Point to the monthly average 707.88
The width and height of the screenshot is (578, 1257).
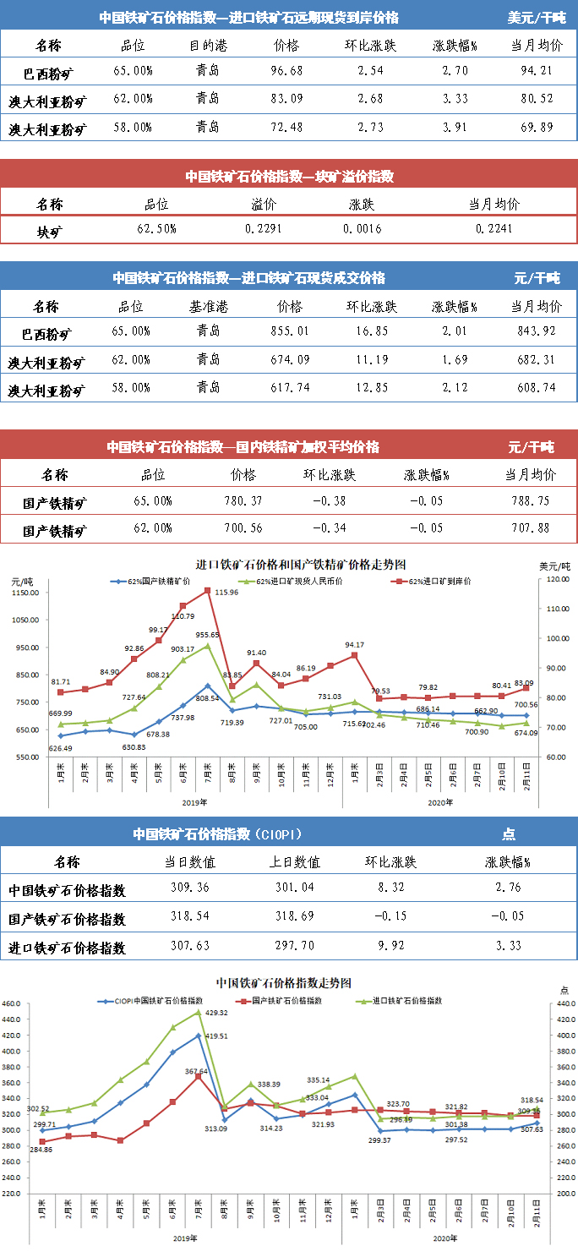(531, 529)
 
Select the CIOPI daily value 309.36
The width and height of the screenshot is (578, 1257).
(189, 890)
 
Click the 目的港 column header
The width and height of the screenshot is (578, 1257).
(207, 45)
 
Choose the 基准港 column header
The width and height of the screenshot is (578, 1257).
(207, 305)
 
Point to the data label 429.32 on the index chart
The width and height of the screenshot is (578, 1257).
(217, 1013)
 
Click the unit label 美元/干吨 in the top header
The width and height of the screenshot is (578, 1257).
(537, 17)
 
